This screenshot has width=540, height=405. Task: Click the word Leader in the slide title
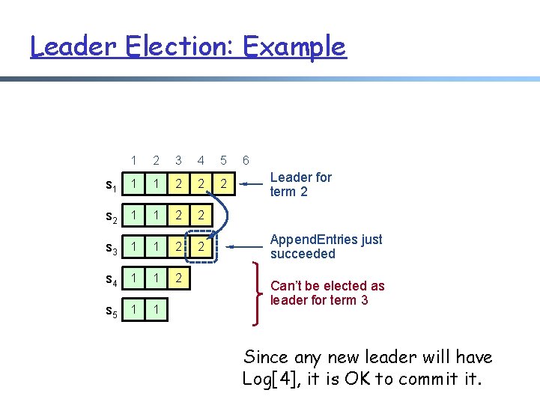(73, 46)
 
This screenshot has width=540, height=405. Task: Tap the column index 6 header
(245, 160)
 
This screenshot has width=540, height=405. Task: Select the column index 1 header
(133, 160)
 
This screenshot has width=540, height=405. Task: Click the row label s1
(109, 185)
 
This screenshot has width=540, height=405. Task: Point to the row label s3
(109, 247)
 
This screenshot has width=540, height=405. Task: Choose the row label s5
(109, 310)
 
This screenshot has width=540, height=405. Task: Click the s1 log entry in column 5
(222, 184)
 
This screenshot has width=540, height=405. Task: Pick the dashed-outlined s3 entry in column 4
(200, 246)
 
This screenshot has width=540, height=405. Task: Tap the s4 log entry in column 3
(178, 278)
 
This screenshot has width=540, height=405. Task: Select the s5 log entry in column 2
(156, 309)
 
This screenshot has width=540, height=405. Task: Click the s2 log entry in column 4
(200, 216)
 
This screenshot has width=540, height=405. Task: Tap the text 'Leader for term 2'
(300, 184)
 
